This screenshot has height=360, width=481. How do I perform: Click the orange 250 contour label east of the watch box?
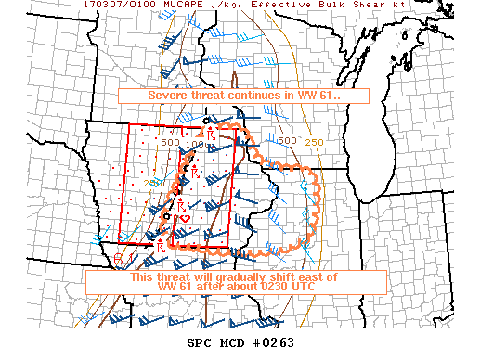coord(315,141)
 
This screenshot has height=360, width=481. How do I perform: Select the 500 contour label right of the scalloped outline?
coord(288,141)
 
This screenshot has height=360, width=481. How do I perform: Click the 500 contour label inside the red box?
coord(169,143)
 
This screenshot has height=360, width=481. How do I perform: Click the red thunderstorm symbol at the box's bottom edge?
coord(161,246)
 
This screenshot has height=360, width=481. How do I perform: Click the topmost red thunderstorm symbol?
coord(212,135)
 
